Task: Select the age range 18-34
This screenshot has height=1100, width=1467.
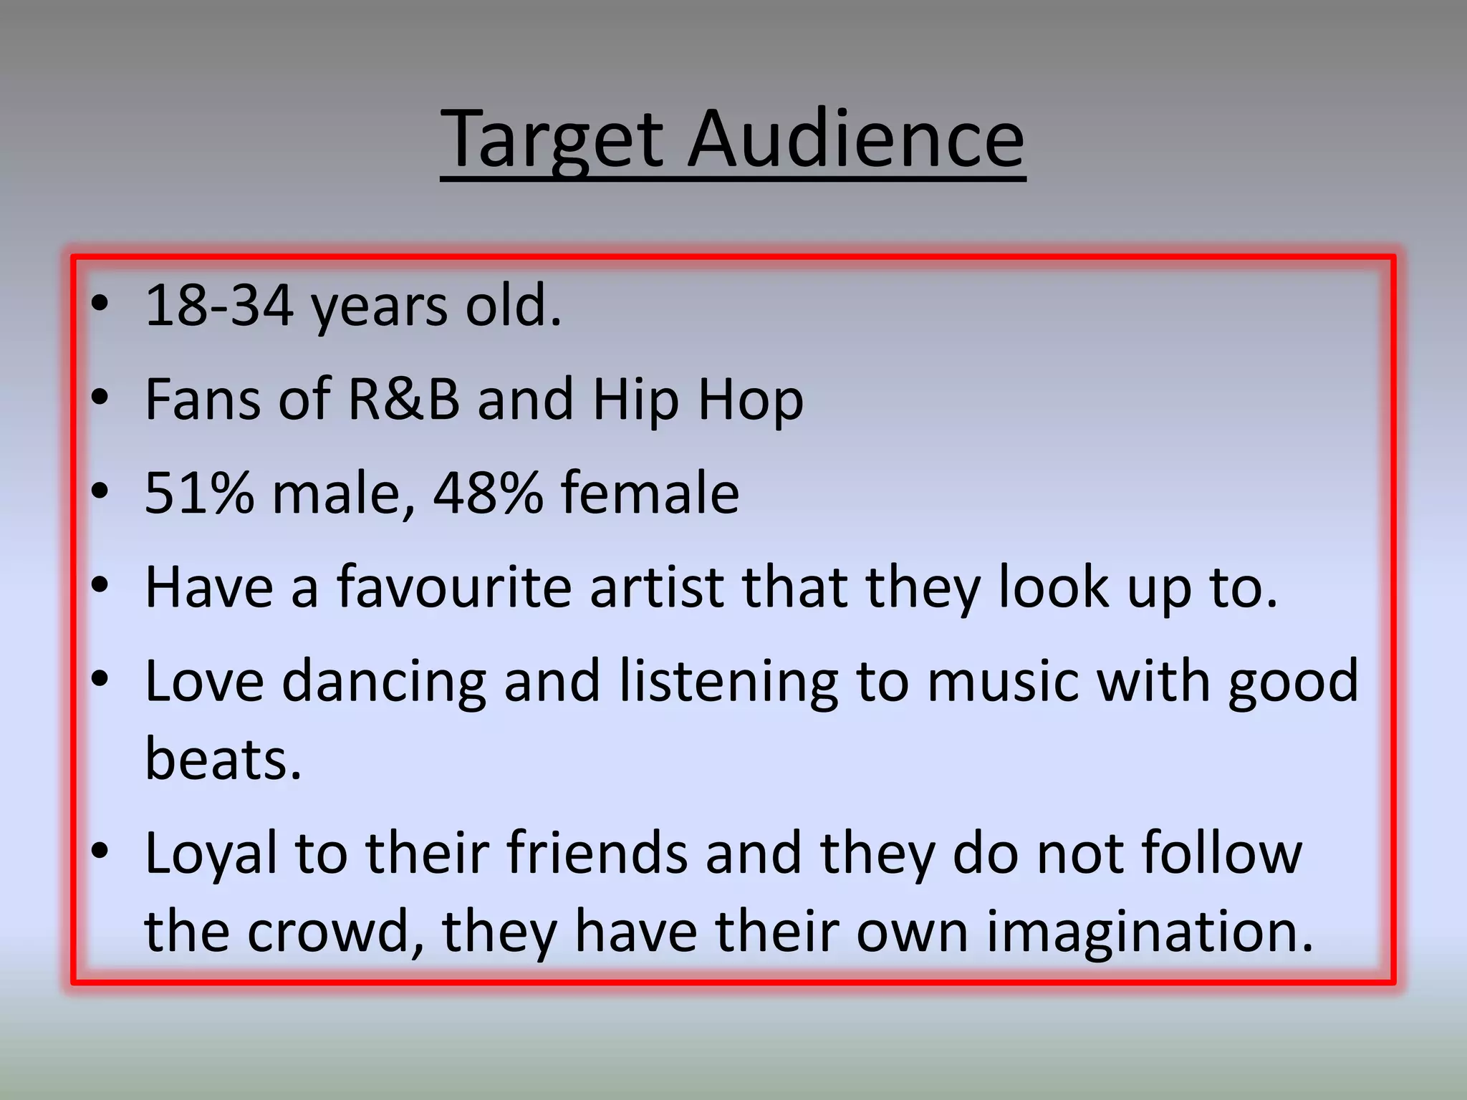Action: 219,306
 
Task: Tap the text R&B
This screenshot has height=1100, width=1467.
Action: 403,399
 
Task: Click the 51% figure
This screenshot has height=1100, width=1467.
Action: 199,493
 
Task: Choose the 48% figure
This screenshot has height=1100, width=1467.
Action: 488,493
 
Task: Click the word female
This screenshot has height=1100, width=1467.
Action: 650,493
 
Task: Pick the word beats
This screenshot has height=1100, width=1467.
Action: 223,759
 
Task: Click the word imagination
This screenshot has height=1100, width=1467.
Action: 1149,933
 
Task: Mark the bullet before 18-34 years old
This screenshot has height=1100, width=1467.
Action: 100,304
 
